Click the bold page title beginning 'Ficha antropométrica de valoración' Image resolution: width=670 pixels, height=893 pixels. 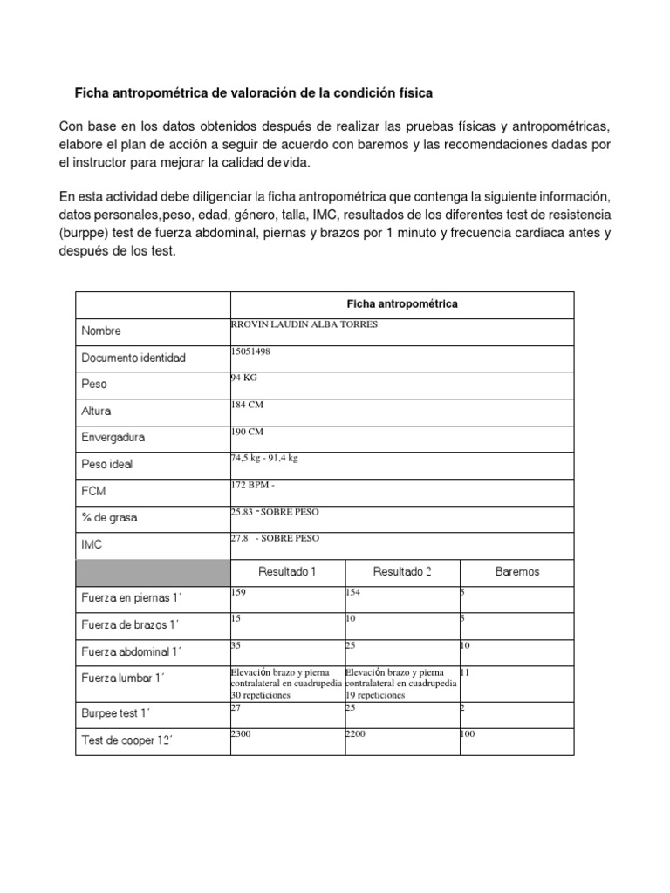[252, 92]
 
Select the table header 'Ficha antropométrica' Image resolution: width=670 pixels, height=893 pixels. [401, 303]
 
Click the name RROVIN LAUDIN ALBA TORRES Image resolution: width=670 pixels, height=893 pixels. [304, 324]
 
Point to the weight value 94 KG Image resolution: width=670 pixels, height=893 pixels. [243, 378]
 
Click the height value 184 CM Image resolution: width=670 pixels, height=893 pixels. [246, 405]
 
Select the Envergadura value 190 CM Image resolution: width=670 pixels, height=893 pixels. [246, 431]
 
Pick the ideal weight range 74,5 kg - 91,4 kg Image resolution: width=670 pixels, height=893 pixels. [264, 458]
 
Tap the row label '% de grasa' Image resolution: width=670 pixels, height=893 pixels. [109, 517]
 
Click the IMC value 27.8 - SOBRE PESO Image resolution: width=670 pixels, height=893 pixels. [275, 538]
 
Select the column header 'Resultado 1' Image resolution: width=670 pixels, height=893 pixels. [286, 572]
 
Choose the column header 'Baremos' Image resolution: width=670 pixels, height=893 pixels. [516, 572]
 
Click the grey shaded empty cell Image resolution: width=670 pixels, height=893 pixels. [152, 572]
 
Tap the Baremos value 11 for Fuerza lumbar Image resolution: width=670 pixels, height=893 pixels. [465, 673]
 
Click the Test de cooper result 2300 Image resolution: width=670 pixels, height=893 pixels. [241, 734]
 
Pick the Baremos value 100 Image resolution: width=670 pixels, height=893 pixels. [468, 734]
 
